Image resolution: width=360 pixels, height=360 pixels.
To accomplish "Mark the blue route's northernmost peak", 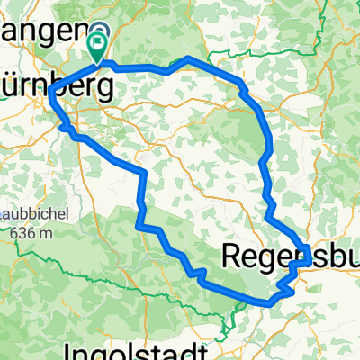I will click(187, 58).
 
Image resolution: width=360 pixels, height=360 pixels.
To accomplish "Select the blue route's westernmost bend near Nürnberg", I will click(50, 99).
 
